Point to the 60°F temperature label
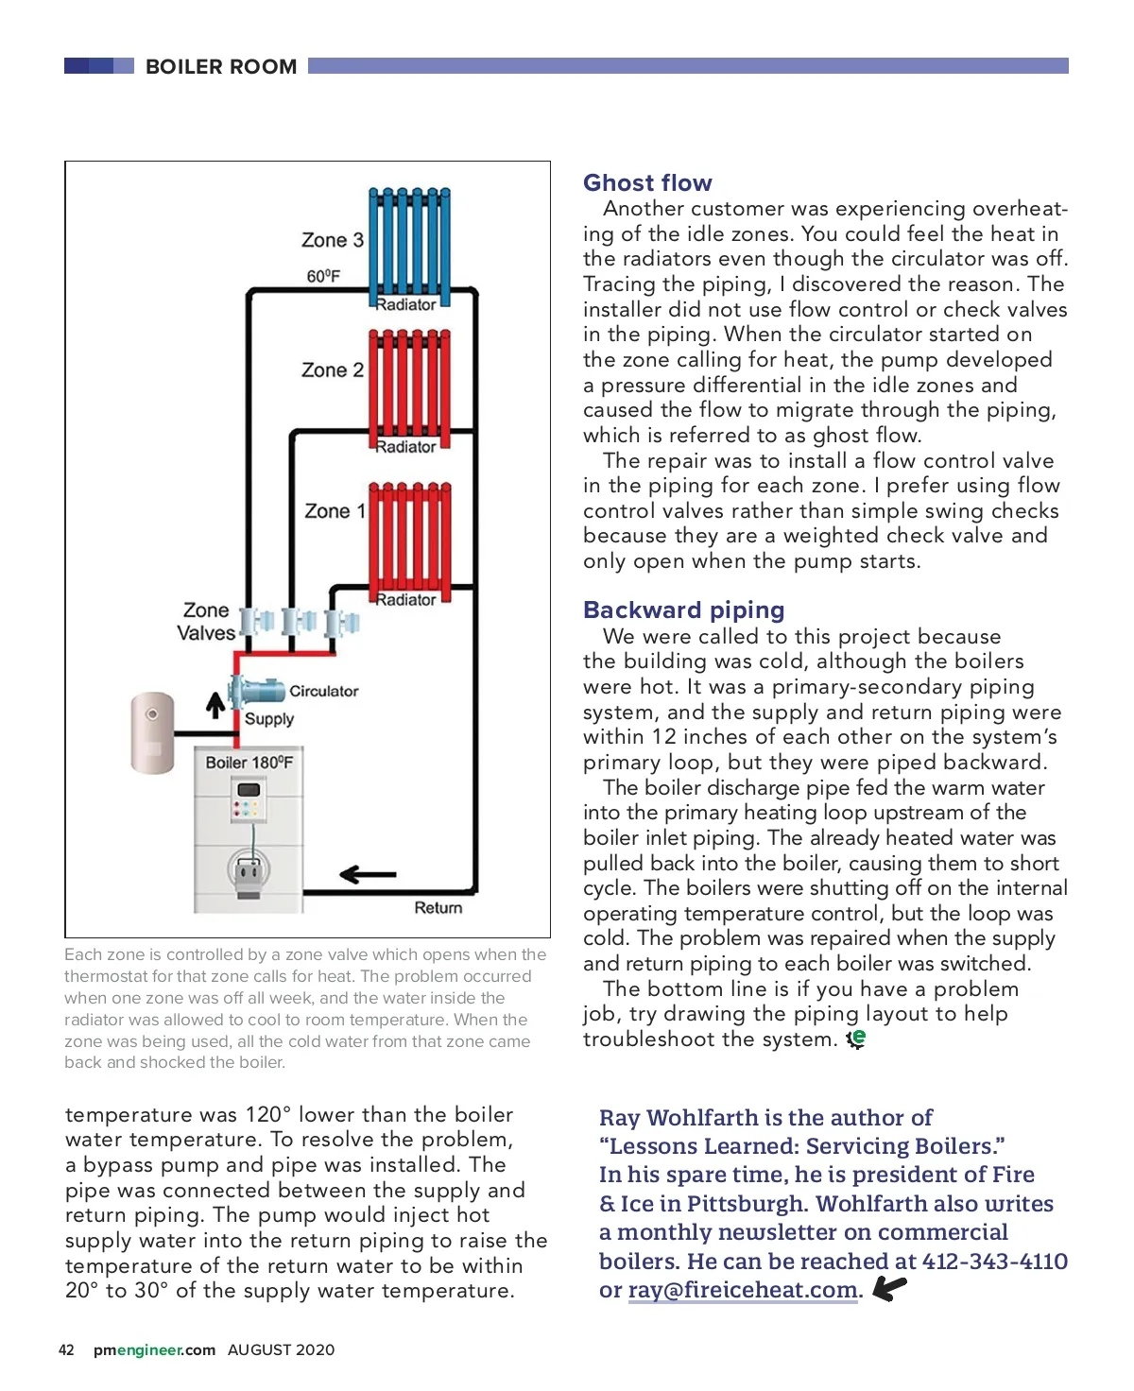click(323, 276)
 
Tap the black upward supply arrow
click(215, 705)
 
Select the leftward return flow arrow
click(368, 875)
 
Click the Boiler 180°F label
click(249, 763)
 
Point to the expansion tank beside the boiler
click(152, 733)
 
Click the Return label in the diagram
click(438, 908)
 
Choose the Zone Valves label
click(206, 622)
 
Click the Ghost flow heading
click(647, 183)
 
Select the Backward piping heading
click(684, 610)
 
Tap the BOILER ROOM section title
click(221, 67)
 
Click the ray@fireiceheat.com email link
click(743, 1290)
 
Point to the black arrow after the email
click(889, 1288)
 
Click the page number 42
click(66, 1350)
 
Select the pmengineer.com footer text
click(154, 1350)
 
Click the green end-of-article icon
click(856, 1039)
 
